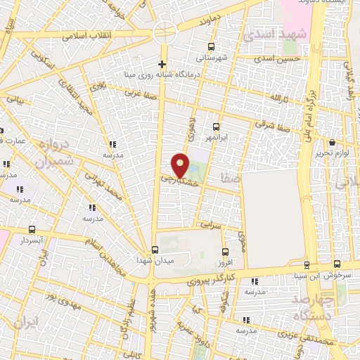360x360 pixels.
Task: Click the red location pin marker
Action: [x=181, y=166]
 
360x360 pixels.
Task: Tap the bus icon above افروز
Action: [x=225, y=252]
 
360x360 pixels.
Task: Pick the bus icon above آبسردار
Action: [x=32, y=230]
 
